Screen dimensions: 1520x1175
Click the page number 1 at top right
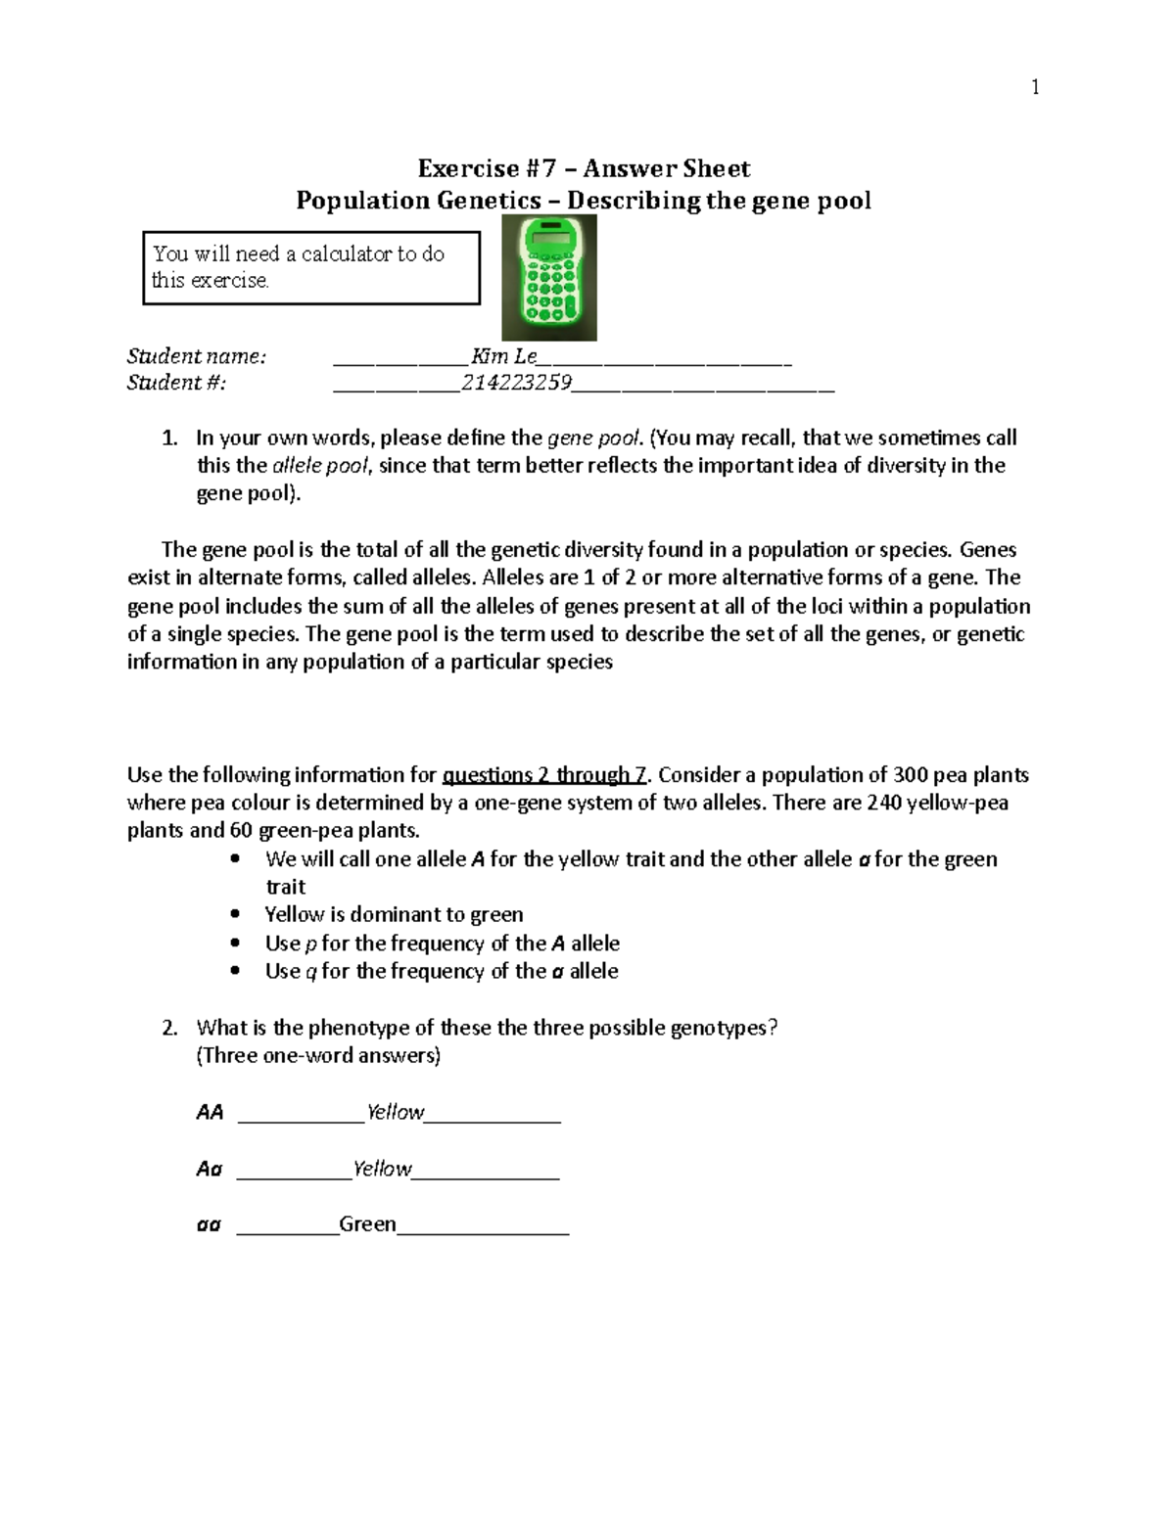pyautogui.click(x=1035, y=88)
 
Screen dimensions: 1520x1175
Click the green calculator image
pyautogui.click(x=549, y=278)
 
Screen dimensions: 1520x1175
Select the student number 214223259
pyautogui.click(x=516, y=383)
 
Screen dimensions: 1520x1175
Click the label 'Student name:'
pyautogui.click(x=196, y=356)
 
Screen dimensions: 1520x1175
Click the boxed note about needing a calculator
pyautogui.click(x=311, y=267)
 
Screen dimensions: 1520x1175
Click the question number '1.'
pyautogui.click(x=169, y=438)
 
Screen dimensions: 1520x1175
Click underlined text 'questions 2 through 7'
pyautogui.click(x=545, y=775)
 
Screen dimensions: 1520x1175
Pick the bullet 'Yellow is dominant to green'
pyautogui.click(x=394, y=914)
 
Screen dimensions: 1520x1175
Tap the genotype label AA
pyautogui.click(x=210, y=1113)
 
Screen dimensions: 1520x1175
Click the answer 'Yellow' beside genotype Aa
pyautogui.click(x=382, y=1169)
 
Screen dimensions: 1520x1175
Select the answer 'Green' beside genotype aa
pyautogui.click(x=367, y=1224)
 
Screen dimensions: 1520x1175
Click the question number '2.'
pyautogui.click(x=169, y=1028)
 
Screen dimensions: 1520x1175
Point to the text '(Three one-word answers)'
pyautogui.click(x=318, y=1055)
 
